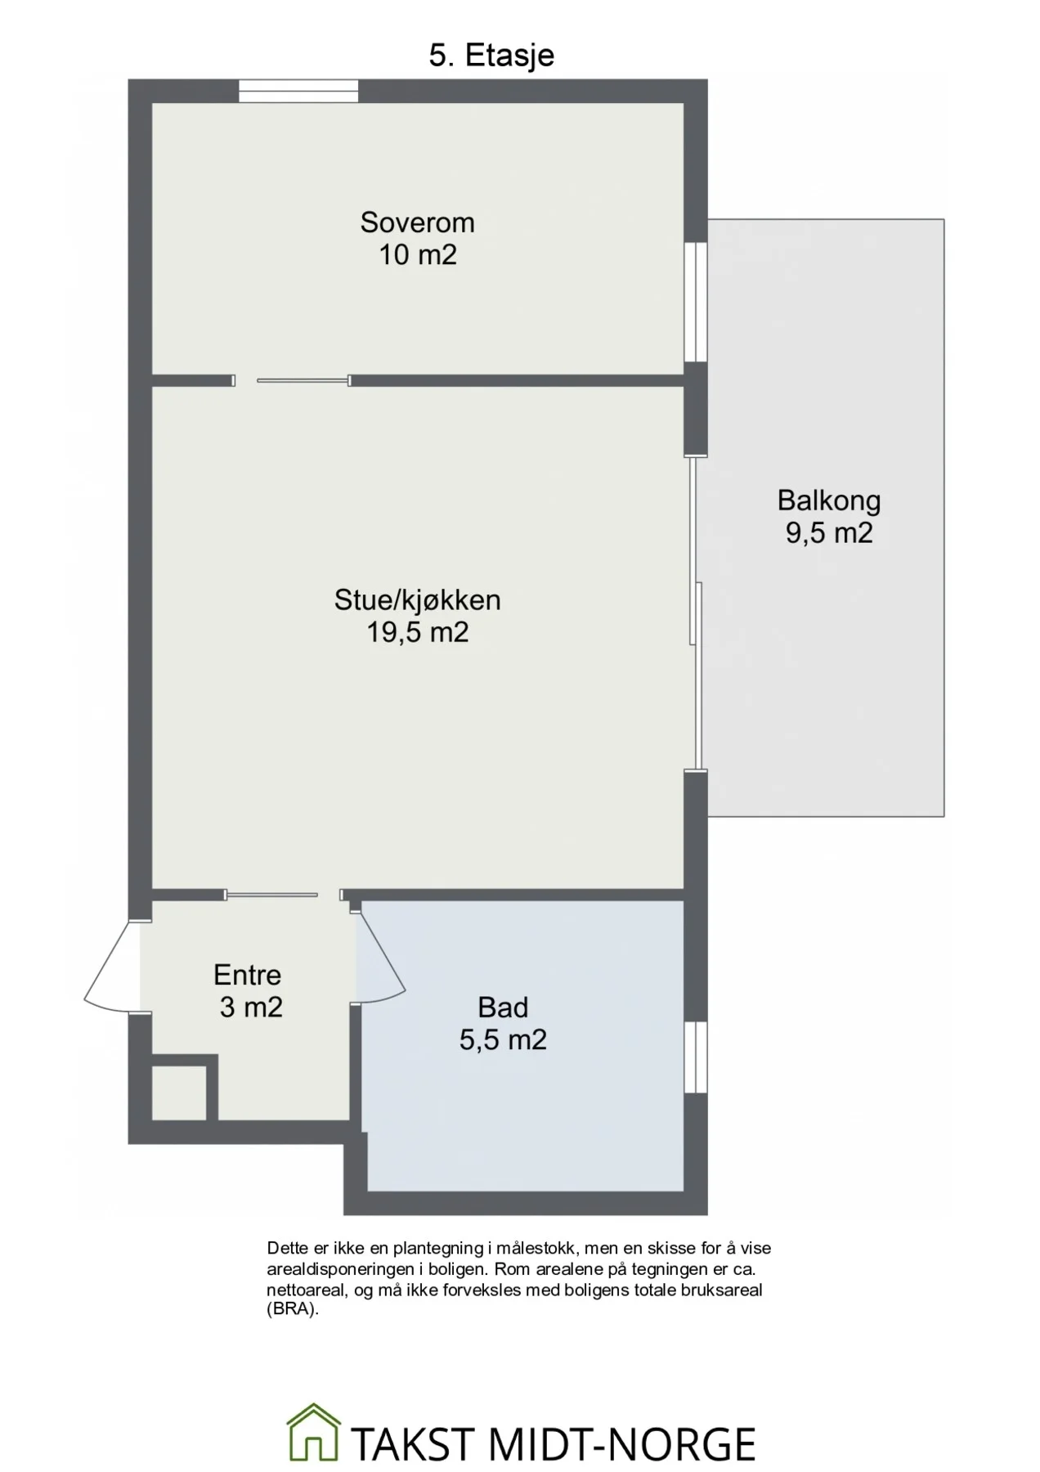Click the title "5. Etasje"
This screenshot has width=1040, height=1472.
pos(491,56)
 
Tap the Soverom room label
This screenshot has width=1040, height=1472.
pos(417,222)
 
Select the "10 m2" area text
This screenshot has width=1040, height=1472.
pos(417,255)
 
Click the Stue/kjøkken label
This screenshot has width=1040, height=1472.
pos(417,600)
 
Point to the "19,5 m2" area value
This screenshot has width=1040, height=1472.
pos(417,633)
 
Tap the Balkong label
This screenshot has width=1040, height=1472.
pos(829,500)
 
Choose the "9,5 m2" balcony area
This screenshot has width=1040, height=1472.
pos(829,533)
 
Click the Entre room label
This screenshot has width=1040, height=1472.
pos(247,975)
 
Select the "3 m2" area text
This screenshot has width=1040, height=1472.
pos(251,1008)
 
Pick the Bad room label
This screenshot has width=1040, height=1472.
pos(503,1008)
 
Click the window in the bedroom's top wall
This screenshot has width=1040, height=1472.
pos(298,91)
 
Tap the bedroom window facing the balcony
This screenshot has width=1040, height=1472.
pos(696,302)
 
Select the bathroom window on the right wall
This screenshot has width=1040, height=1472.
pos(696,1057)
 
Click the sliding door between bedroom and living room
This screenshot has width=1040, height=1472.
pos(292,380)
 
